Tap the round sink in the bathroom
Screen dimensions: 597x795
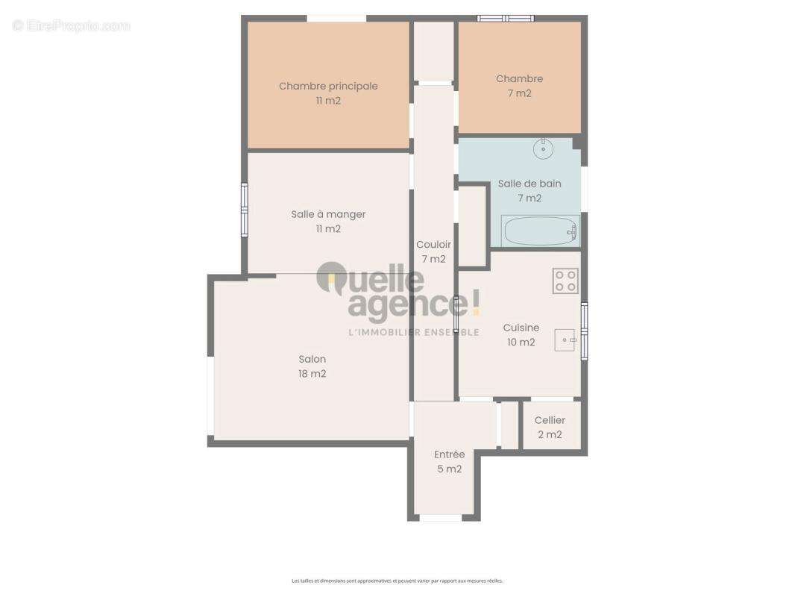pos(543,149)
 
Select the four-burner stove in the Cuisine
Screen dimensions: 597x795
pos(565,281)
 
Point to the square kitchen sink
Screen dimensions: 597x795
pos(565,340)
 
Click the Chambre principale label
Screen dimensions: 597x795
pos(328,86)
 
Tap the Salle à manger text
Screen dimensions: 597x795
pos(328,214)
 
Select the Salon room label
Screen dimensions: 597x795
pos(312,359)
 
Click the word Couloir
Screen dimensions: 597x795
pos(433,244)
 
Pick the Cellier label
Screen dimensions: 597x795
pos(550,420)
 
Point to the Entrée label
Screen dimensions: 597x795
pos(449,454)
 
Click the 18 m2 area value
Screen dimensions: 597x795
pos(312,374)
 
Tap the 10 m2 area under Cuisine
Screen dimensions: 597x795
pos(521,343)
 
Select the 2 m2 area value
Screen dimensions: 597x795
pos(550,435)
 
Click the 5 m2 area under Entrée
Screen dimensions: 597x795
pos(449,469)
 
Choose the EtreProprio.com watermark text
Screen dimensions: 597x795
pos(72,26)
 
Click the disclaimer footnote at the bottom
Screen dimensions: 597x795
pos(397,581)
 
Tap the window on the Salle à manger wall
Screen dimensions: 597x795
pos(244,210)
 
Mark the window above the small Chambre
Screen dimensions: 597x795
pos(506,18)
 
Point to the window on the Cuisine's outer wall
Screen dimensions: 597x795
pos(584,331)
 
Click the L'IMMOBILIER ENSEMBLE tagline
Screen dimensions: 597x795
pos(414,332)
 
